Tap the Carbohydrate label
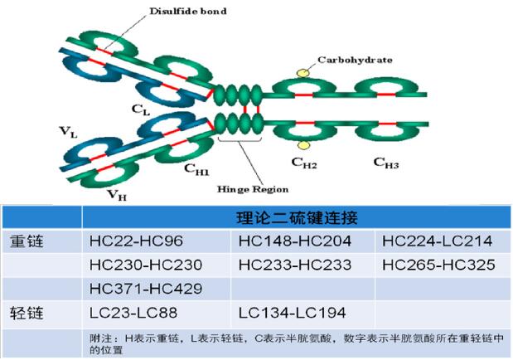[x=355, y=60]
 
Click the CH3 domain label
[x=385, y=163]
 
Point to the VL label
[x=69, y=131]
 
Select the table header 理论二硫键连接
[x=297, y=218]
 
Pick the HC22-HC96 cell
[x=136, y=241]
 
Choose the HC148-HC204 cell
[x=294, y=241]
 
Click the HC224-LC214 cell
[x=438, y=241]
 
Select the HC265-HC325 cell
[x=439, y=265]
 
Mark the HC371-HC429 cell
[x=145, y=289]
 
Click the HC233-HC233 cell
[x=294, y=265]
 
